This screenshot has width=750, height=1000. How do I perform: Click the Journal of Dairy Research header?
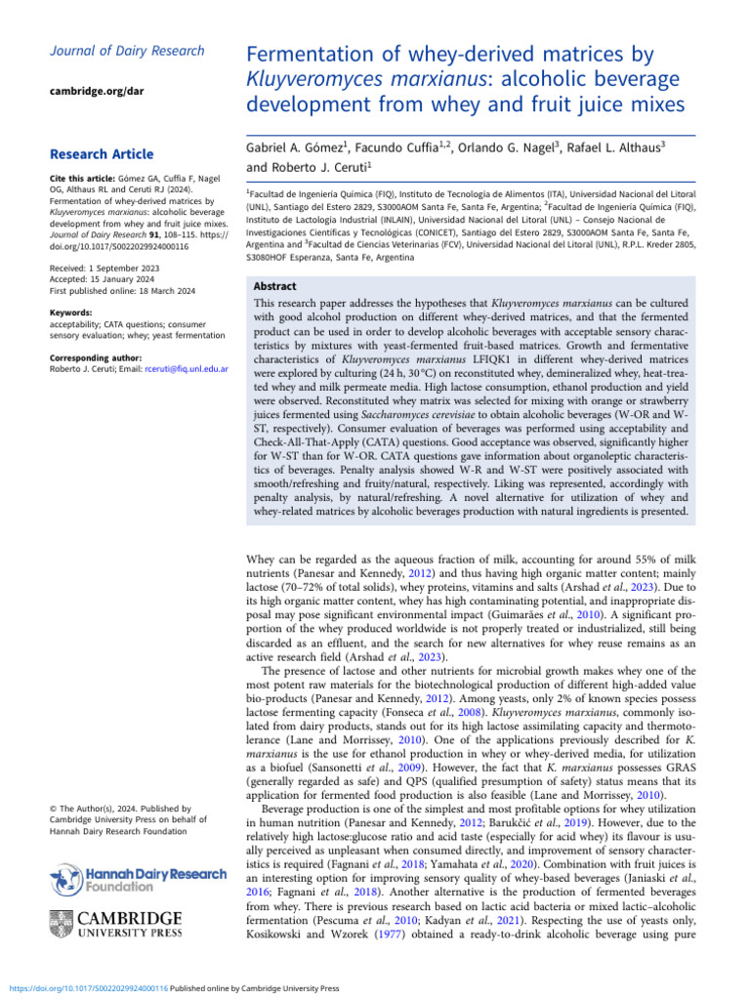coord(127,51)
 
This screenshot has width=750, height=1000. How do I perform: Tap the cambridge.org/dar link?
coord(95,91)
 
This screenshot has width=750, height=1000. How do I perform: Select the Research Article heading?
coord(101,154)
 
